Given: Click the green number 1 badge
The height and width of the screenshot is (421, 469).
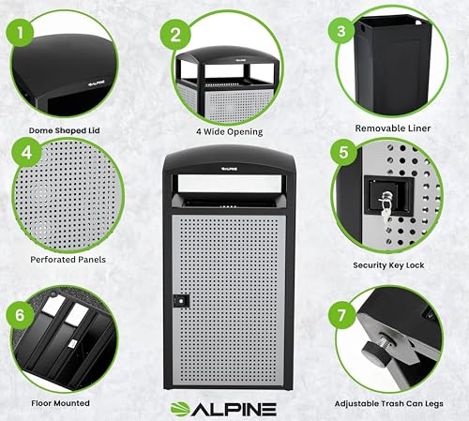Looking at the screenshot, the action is pyautogui.click(x=21, y=32).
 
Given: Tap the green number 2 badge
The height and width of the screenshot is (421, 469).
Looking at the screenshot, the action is pyautogui.click(x=175, y=35).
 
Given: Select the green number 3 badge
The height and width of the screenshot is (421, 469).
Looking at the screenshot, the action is pyautogui.click(x=341, y=31).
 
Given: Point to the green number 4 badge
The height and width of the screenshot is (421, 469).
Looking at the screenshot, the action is pyautogui.click(x=26, y=153).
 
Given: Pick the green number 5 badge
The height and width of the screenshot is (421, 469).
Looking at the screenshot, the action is pyautogui.click(x=343, y=152).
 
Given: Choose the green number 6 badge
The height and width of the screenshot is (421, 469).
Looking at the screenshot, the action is pyautogui.click(x=20, y=315).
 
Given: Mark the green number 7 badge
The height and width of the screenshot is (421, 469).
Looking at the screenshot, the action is pyautogui.click(x=342, y=315).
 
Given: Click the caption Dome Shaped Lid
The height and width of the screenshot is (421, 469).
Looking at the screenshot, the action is pyautogui.click(x=65, y=130).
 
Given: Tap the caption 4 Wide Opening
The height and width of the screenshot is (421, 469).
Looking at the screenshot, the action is pyautogui.click(x=230, y=131).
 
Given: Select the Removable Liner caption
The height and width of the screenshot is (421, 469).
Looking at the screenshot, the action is pyautogui.click(x=393, y=128).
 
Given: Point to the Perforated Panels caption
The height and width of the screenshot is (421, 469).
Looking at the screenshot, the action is pyautogui.click(x=68, y=260).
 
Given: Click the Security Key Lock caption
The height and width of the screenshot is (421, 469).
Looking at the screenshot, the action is pyautogui.click(x=388, y=265).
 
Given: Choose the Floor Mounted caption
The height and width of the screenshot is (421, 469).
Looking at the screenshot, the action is pyautogui.click(x=60, y=403).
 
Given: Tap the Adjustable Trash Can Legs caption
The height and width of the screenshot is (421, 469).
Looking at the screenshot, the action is pyautogui.click(x=389, y=404).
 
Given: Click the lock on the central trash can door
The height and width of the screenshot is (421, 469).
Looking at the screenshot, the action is pyautogui.click(x=181, y=300).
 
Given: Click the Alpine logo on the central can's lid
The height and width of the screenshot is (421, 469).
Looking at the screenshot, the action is pyautogui.click(x=229, y=169).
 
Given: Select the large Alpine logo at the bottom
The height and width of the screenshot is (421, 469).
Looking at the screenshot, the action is pyautogui.click(x=223, y=409).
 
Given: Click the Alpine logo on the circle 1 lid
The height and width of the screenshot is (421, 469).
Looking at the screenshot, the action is pyautogui.click(x=96, y=84).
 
